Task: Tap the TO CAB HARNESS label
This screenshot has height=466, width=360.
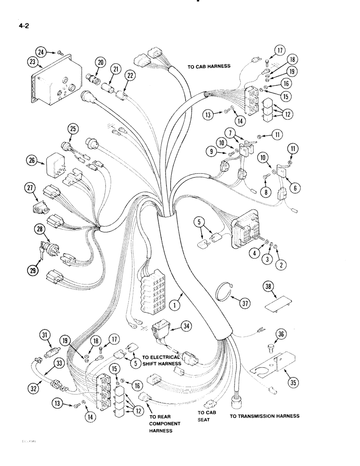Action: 209,67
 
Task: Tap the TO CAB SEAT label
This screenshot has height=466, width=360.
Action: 204,416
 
